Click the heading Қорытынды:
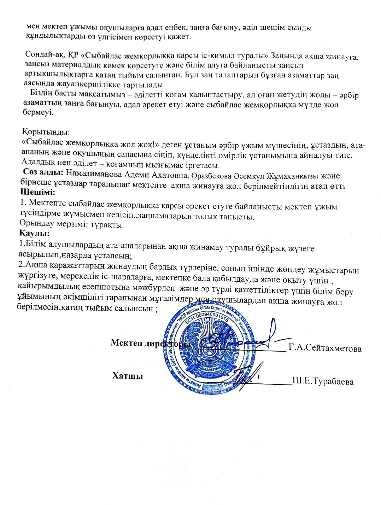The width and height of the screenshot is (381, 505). [x=46, y=133]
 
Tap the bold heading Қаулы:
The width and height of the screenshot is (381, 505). [x=34, y=234]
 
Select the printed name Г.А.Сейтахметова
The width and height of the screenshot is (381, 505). [x=325, y=348]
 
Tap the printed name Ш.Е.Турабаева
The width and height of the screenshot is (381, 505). [x=323, y=381]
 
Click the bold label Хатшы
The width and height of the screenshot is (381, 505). [x=128, y=376]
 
